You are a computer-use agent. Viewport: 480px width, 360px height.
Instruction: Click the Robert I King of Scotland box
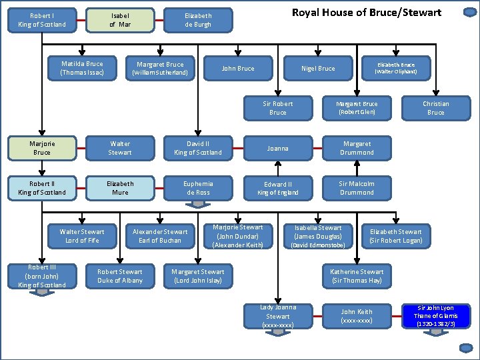tap(42, 20)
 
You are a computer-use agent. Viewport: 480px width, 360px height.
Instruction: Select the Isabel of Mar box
tap(120, 20)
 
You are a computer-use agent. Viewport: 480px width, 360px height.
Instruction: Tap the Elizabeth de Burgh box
tap(198, 20)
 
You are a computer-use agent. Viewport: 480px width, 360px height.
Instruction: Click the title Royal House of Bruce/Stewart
tap(367, 13)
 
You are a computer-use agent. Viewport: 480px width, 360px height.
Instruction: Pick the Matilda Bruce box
tap(82, 68)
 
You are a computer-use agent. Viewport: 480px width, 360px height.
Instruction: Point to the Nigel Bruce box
tap(318, 68)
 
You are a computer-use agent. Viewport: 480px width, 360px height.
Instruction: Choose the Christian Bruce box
tap(435, 108)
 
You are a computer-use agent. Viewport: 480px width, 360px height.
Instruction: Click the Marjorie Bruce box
tap(42, 148)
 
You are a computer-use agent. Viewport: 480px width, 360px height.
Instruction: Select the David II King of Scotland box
tap(198, 148)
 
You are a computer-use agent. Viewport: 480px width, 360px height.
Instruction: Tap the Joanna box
tap(278, 148)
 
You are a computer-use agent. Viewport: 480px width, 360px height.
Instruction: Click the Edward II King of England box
tap(278, 188)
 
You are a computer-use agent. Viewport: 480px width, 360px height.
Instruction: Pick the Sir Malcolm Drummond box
tap(357, 188)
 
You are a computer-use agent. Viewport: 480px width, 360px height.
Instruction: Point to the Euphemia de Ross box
tap(198, 188)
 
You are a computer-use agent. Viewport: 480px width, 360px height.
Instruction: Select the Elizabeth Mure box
tap(120, 188)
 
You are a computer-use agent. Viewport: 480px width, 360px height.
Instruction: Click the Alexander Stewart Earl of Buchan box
tap(160, 236)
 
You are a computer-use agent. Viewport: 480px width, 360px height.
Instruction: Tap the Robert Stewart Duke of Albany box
tap(120, 276)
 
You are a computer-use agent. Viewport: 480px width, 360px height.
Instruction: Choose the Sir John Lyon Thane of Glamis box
tap(435, 315)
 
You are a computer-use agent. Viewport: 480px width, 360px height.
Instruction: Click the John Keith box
tap(357, 315)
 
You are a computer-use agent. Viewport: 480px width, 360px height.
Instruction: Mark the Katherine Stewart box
tap(357, 276)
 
